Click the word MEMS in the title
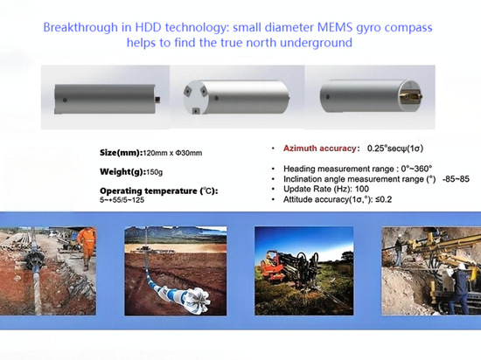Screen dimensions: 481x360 (335, 27)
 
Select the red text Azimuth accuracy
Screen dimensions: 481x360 (319, 149)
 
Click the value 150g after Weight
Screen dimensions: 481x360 (154, 172)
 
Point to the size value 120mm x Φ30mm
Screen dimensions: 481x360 (172, 153)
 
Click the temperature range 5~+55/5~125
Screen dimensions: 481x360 (122, 200)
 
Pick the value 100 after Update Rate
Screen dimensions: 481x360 (362, 189)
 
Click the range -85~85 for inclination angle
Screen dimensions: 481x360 (456, 179)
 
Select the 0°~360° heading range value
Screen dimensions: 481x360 (416, 169)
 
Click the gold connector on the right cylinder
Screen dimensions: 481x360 (411, 96)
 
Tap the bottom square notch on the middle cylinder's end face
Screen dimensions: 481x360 (195, 111)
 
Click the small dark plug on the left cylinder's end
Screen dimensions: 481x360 (158, 100)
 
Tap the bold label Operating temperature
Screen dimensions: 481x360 (158, 190)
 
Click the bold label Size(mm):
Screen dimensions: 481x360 (122, 153)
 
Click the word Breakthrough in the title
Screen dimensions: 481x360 (80, 27)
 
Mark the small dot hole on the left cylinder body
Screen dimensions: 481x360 (65, 100)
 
